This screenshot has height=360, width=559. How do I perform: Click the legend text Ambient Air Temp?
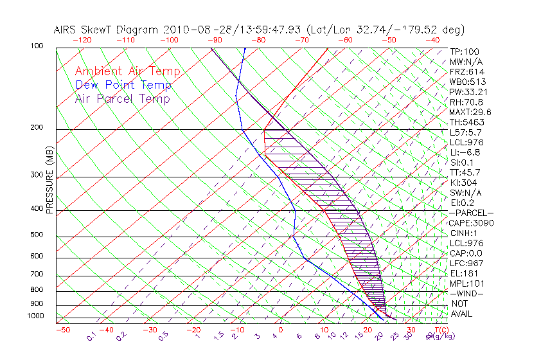point(127,71)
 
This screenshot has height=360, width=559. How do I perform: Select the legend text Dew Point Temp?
point(123,85)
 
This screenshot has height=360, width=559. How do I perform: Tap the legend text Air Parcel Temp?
point(123,98)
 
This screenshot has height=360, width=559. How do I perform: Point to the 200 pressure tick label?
point(37,128)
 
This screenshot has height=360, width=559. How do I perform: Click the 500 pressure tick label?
point(37,236)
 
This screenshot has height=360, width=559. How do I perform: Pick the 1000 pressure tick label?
point(36,316)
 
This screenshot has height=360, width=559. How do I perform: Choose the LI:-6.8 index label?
point(465,152)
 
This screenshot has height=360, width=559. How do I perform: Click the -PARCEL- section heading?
point(471,213)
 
